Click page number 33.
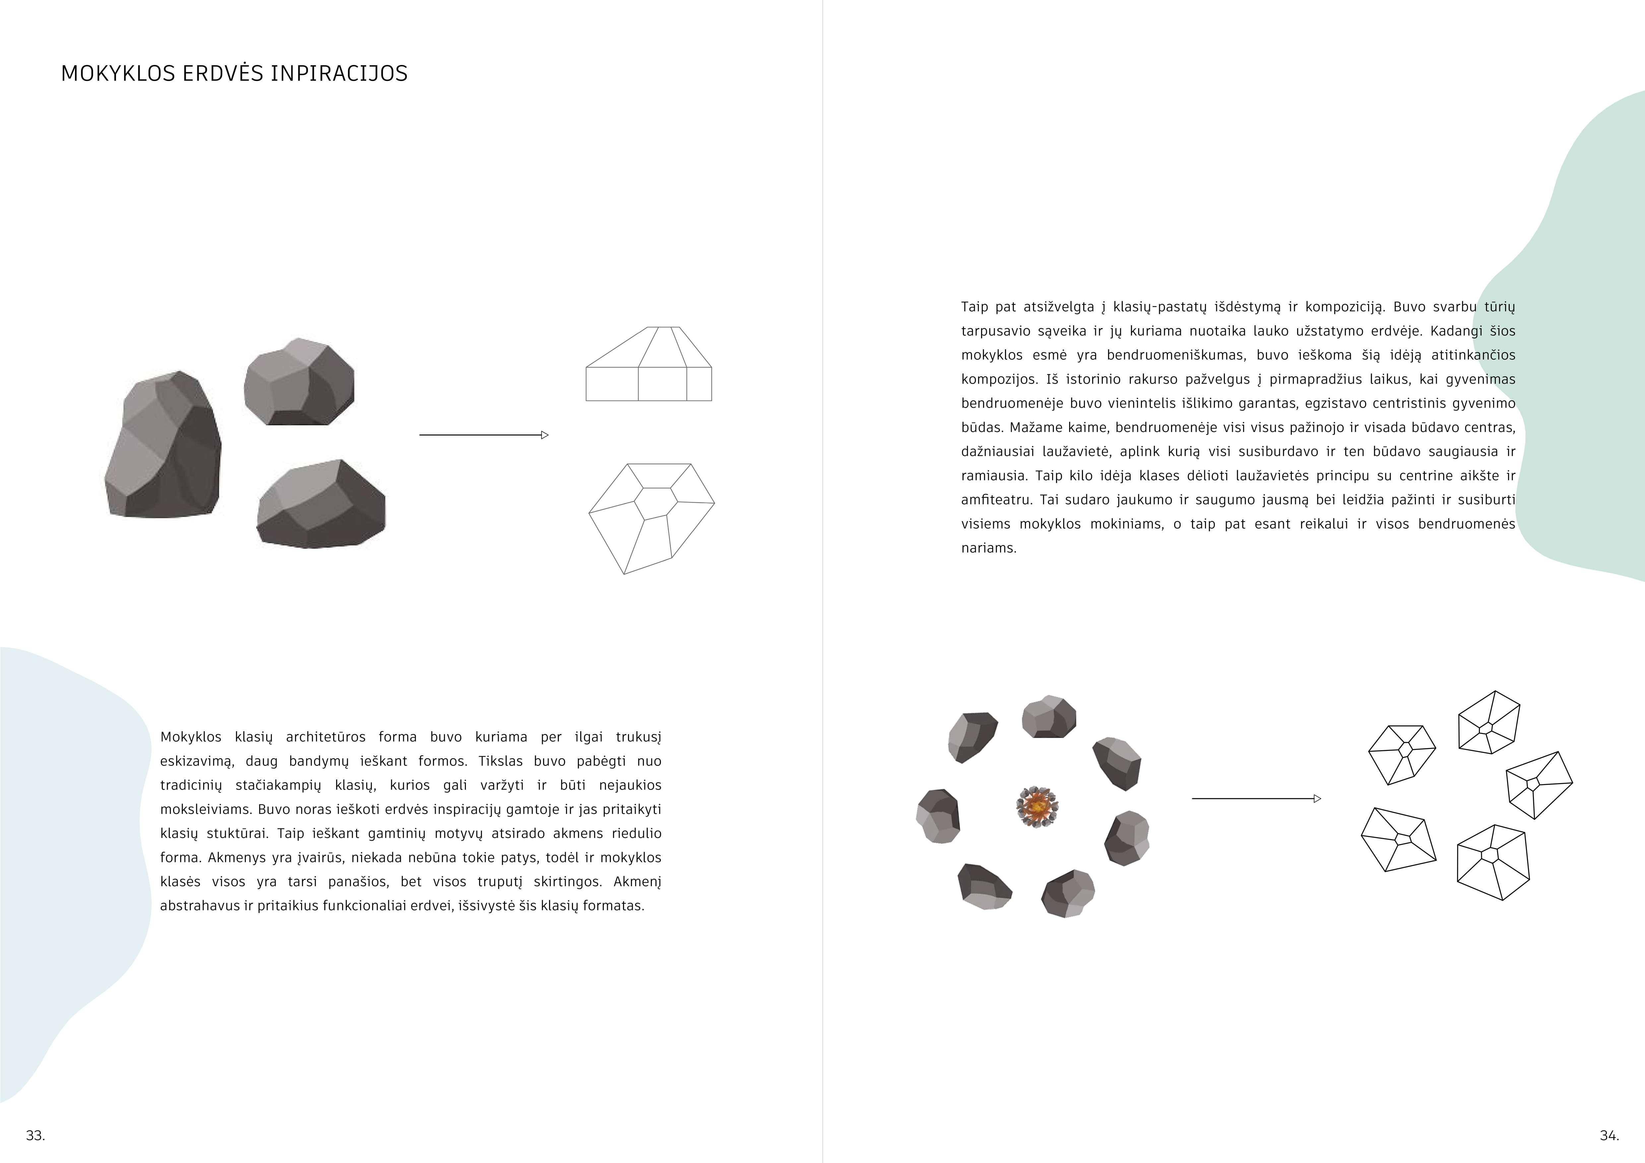(x=35, y=1135)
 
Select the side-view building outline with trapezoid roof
(x=648, y=365)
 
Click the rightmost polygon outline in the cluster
(x=1538, y=785)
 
